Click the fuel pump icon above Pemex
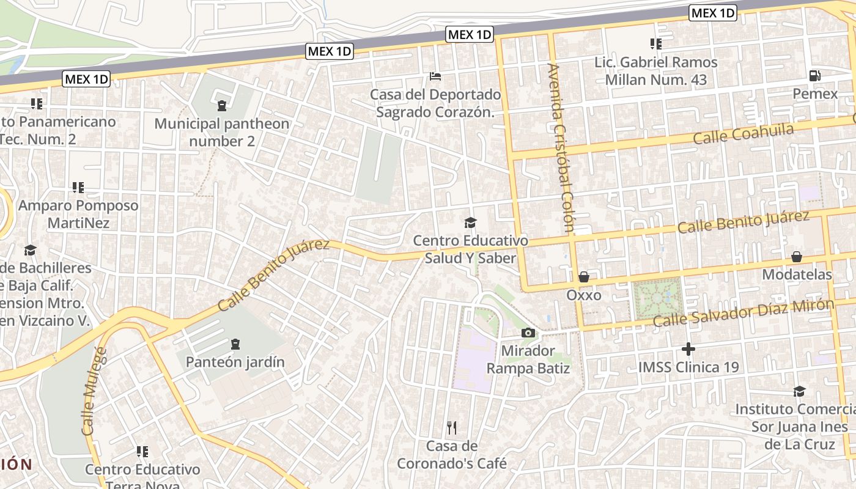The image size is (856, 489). point(814,76)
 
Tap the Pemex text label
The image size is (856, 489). point(815,94)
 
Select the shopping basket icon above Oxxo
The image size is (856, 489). point(584,277)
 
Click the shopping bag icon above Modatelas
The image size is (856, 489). point(797,257)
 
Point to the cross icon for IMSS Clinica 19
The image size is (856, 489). point(688,349)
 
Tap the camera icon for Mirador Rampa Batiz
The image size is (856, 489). point(528,333)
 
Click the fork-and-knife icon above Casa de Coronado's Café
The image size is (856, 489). point(452,427)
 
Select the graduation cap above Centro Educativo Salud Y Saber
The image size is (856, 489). point(470,222)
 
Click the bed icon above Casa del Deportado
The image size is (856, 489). point(435,76)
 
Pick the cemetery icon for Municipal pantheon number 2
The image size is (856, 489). point(221,106)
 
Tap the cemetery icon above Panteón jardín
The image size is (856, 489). point(235,345)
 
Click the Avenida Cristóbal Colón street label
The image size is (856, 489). point(561,148)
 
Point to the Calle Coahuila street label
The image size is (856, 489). point(743,134)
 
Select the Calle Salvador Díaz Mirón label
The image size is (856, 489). point(743,313)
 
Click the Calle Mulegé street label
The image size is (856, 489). point(94,391)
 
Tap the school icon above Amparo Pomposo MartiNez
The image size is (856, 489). point(78,187)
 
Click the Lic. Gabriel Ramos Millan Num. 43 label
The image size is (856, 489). point(656,71)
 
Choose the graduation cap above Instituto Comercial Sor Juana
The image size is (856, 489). point(799,391)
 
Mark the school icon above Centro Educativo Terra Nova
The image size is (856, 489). point(142,452)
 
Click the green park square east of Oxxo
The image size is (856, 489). point(657,298)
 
